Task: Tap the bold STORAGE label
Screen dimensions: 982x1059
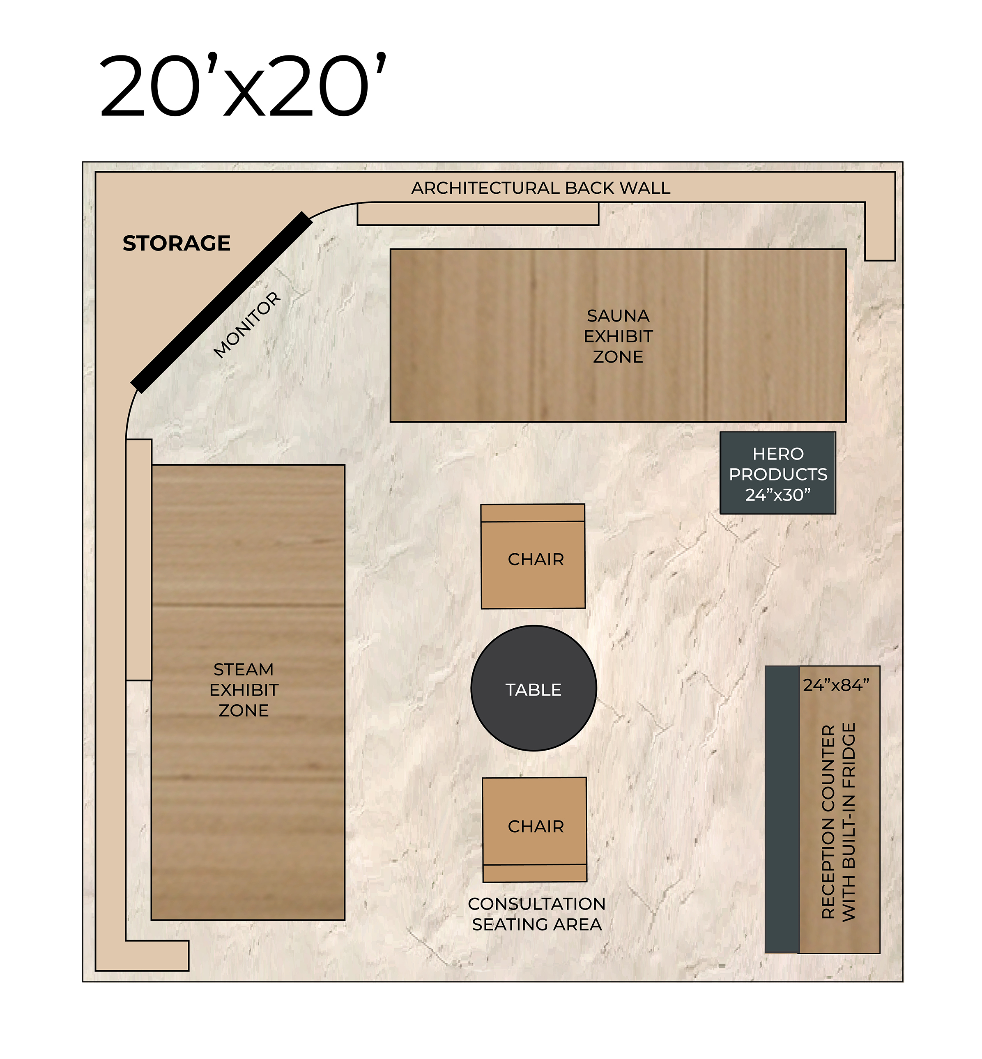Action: (x=177, y=244)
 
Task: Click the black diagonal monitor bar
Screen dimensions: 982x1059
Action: (x=221, y=302)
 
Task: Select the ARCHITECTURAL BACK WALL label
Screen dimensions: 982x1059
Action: (x=540, y=188)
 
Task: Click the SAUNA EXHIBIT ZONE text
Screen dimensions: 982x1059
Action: (x=618, y=336)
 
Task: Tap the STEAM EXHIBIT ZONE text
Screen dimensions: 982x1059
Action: (x=244, y=690)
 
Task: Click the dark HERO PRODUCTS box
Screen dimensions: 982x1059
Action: (x=778, y=473)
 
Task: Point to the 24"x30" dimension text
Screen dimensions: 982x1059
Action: (x=778, y=495)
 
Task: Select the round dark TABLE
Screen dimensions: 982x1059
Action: (x=534, y=689)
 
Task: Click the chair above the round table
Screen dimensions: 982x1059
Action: (x=533, y=556)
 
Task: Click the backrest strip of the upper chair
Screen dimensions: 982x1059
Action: (x=533, y=513)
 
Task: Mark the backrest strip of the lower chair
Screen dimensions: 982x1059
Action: (x=535, y=873)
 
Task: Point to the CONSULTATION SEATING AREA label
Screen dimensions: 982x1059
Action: (x=537, y=914)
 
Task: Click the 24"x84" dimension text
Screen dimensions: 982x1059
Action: (x=836, y=685)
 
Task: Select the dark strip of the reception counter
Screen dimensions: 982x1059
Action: (x=782, y=810)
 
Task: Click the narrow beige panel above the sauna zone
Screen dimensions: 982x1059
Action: (x=478, y=214)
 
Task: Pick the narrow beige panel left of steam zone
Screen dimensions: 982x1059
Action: (x=139, y=560)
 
